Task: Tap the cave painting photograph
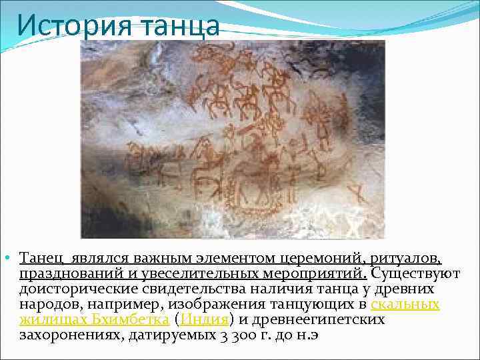(x=232, y=139)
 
